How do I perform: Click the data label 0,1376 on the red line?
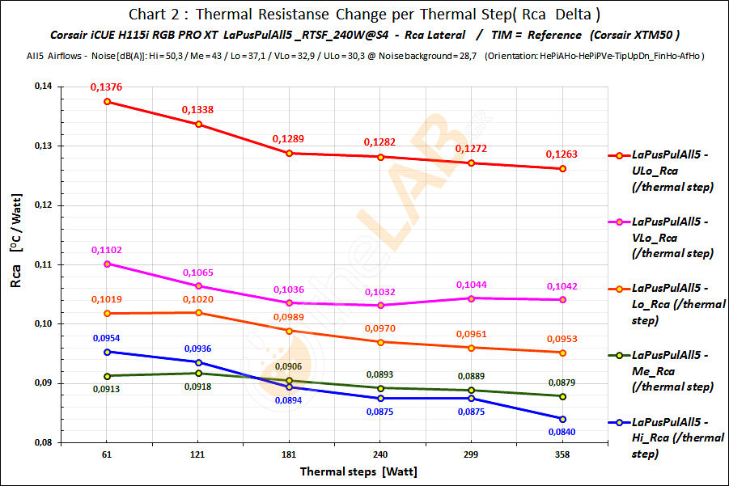(x=108, y=87)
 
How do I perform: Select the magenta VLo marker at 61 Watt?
(x=108, y=264)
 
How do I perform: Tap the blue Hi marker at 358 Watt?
(x=562, y=419)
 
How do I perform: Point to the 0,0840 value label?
(x=562, y=432)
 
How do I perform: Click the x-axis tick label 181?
(x=290, y=455)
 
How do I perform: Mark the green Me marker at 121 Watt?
(x=198, y=373)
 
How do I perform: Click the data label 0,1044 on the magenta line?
(x=472, y=285)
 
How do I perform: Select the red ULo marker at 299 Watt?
(x=472, y=163)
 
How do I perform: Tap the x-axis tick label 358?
(x=562, y=455)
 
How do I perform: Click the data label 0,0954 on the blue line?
(x=108, y=336)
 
